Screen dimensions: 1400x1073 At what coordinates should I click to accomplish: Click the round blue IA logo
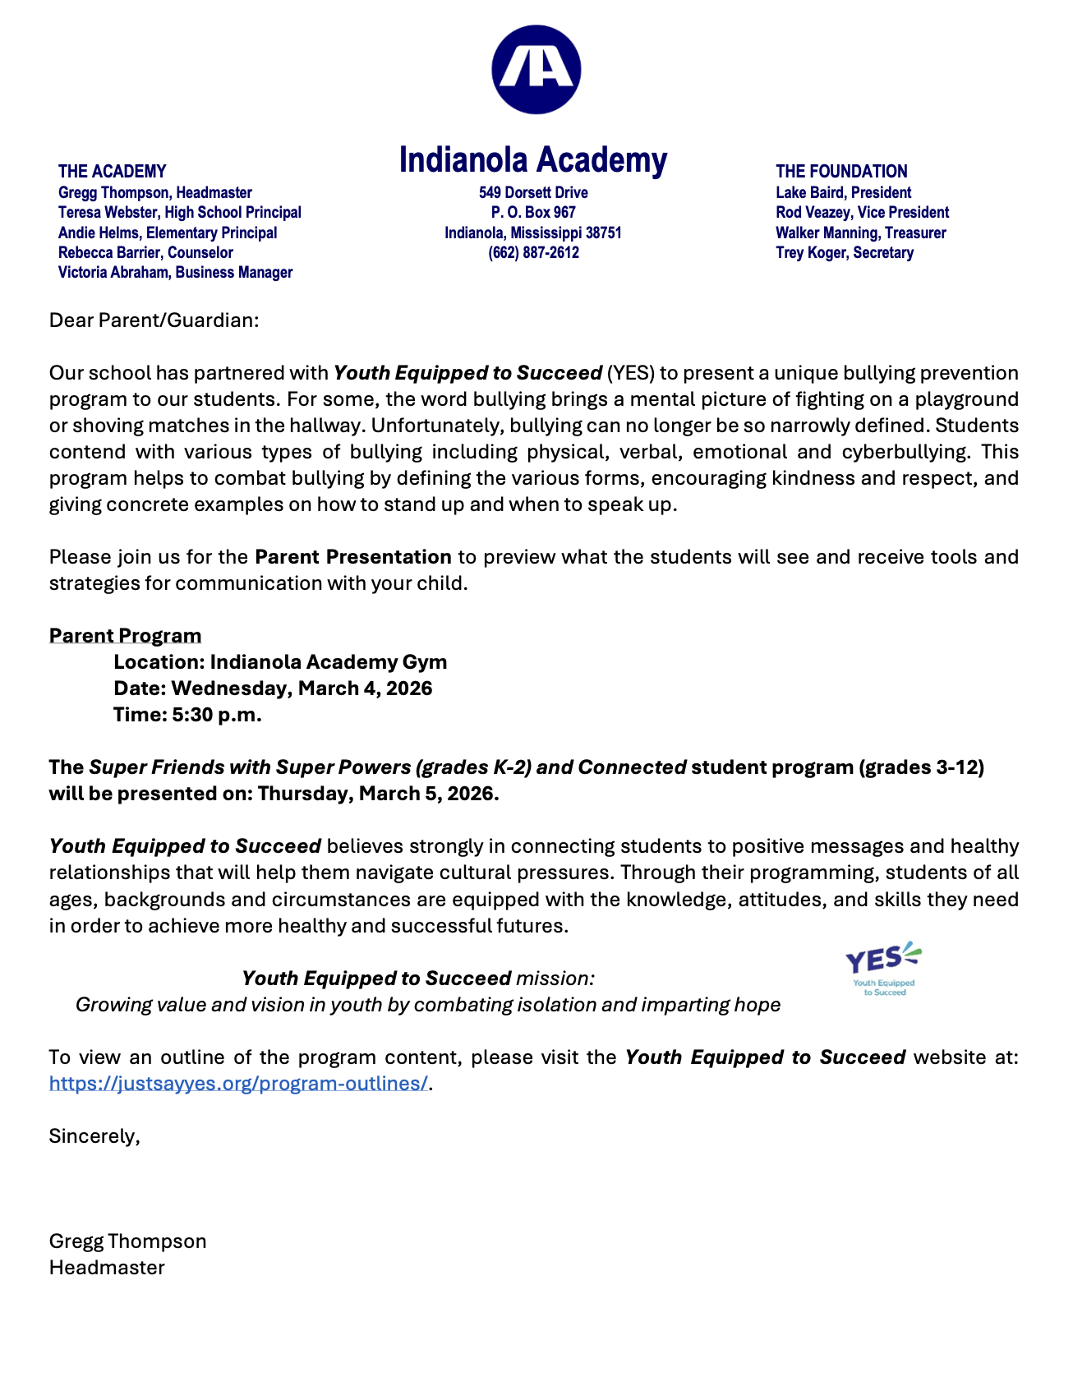(536, 70)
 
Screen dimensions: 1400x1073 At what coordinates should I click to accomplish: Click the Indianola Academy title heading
(533, 160)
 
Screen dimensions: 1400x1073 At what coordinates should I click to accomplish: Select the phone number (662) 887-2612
(533, 253)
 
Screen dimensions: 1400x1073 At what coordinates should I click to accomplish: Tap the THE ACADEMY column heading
(112, 172)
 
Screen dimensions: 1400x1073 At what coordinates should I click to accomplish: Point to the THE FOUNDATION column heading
(841, 172)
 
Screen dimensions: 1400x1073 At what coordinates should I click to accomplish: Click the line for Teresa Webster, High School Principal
(179, 213)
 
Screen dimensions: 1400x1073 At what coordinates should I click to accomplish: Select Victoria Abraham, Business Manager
(175, 273)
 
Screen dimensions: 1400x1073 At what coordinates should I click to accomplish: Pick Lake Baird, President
(843, 193)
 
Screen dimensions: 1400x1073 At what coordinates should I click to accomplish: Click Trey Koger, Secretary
(844, 253)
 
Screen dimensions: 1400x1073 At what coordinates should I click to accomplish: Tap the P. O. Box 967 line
(533, 213)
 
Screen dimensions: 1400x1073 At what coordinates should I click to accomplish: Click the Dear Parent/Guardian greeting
(154, 320)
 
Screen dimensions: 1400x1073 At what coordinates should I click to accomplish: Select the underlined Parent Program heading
(125, 636)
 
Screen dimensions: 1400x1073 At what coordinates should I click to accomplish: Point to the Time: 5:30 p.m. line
(187, 715)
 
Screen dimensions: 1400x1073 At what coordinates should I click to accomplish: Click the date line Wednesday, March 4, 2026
(273, 688)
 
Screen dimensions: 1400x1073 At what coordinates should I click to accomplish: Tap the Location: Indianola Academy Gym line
(280, 662)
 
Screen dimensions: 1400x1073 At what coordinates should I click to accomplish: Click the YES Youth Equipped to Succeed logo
(883, 969)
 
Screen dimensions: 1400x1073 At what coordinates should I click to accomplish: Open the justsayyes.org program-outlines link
(238, 1084)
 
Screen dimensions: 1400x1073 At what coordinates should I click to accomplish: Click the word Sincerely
(94, 1136)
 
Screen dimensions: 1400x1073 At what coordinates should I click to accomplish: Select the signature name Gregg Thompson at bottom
(127, 1241)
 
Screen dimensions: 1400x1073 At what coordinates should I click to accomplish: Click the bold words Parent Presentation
(353, 557)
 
